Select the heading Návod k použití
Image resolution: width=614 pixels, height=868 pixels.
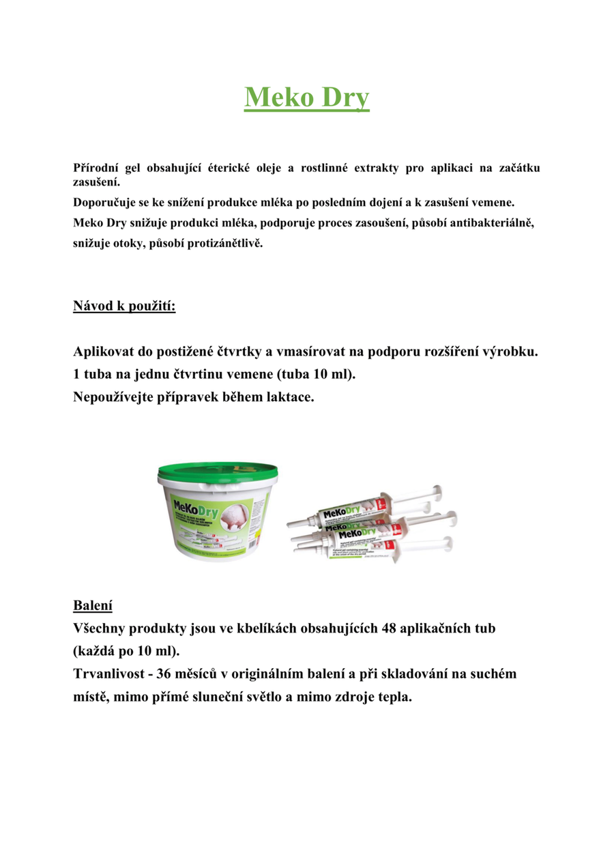pos(124,306)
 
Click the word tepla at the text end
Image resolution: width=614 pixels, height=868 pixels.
pos(395,697)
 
